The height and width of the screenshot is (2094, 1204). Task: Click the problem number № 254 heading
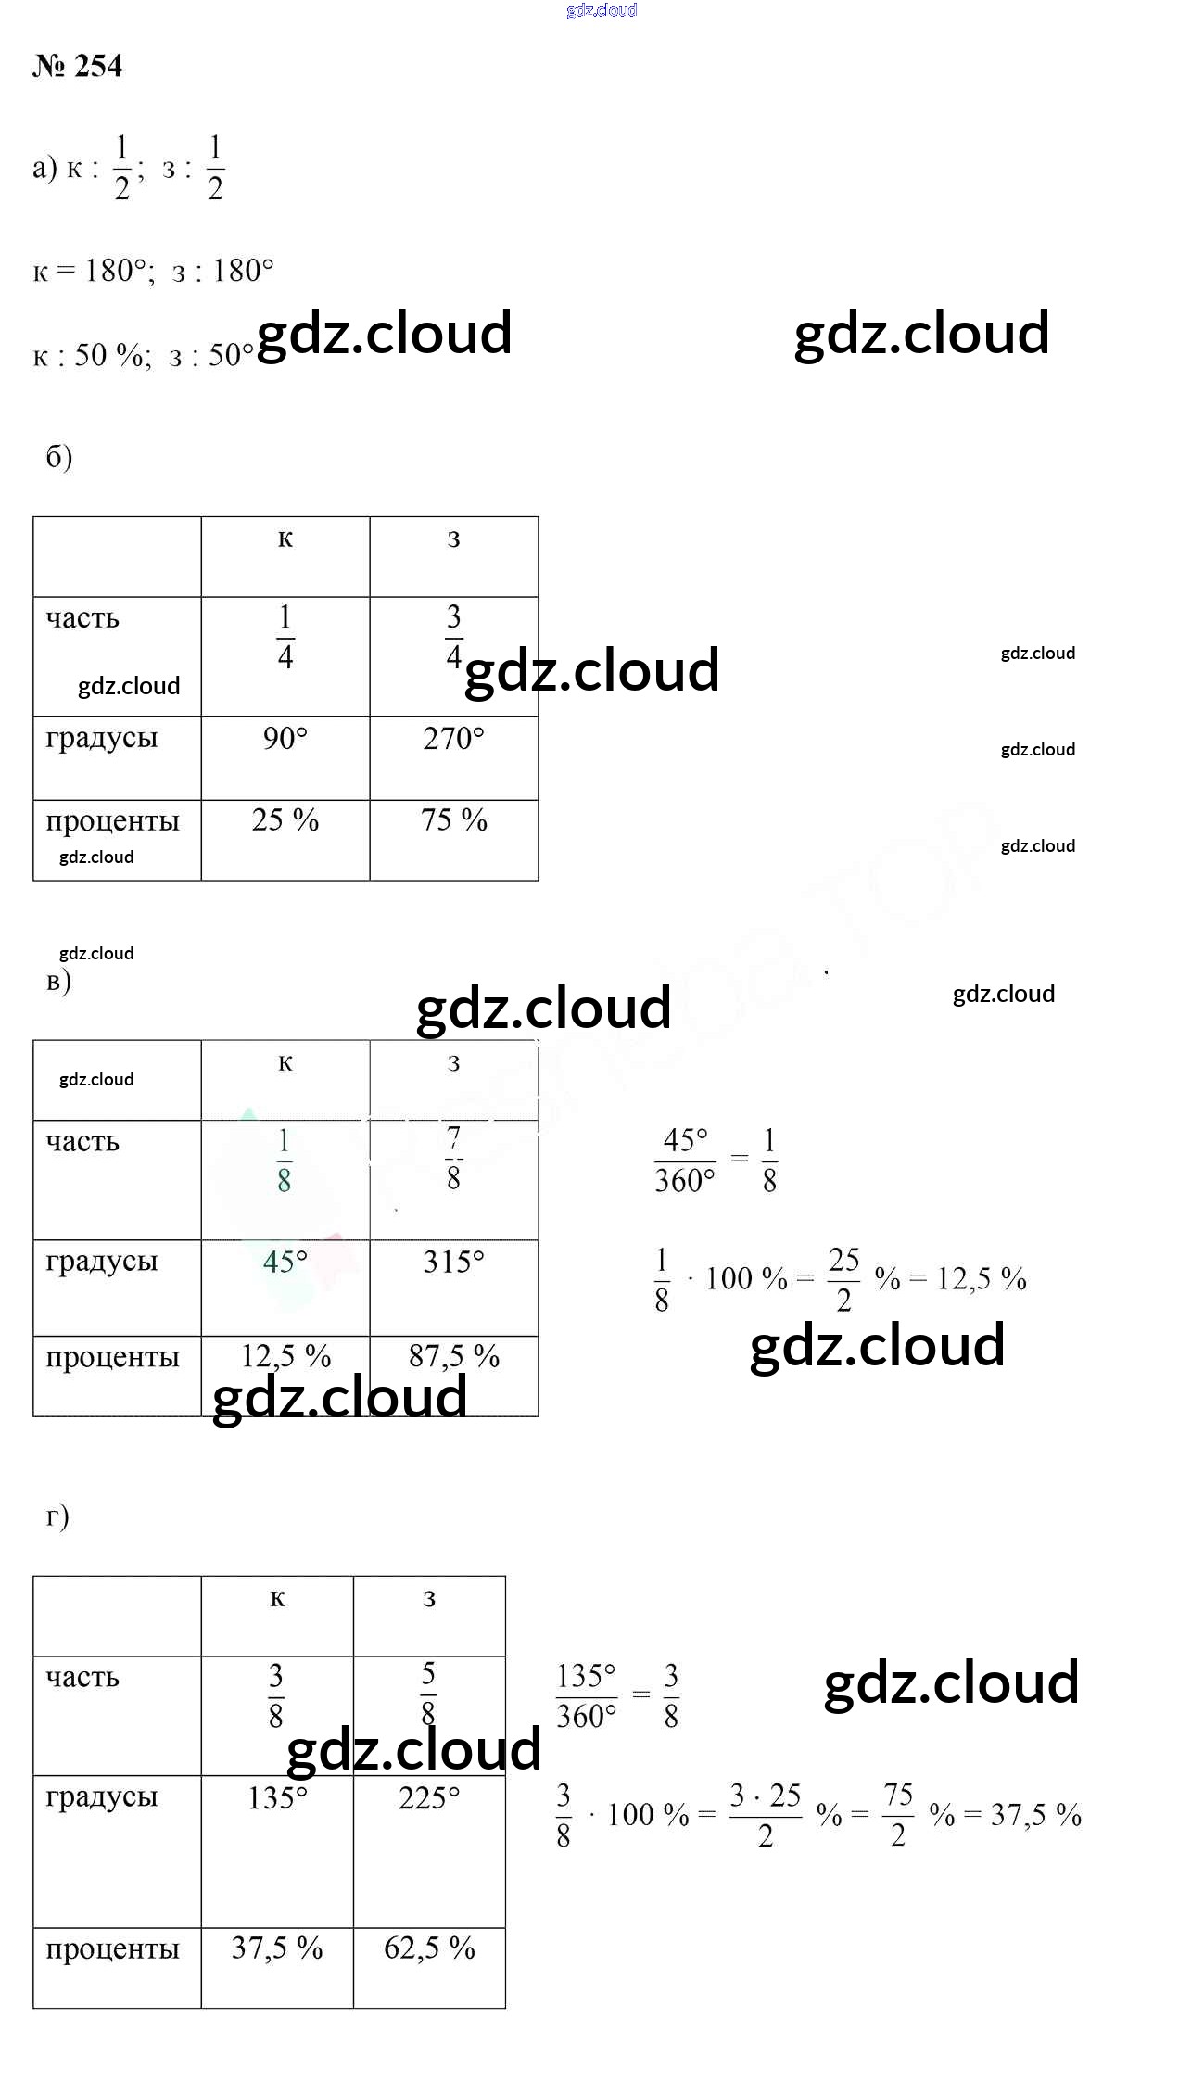coord(77,66)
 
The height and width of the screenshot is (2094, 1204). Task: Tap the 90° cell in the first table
coord(285,739)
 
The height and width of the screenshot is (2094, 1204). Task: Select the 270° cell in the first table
coord(453,739)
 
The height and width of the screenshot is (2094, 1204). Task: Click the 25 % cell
coord(285,820)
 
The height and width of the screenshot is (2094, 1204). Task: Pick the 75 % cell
coord(453,820)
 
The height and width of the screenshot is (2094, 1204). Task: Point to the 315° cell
coord(453,1262)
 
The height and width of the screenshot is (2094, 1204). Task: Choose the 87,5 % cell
coord(453,1357)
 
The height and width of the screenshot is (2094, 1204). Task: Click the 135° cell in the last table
coord(276,1798)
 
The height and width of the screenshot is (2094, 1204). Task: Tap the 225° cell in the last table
coord(428,1798)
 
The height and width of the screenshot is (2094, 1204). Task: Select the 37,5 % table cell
coord(276,1948)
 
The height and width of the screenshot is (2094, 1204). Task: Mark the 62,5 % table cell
coord(428,1948)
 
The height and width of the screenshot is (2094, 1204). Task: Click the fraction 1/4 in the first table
coord(285,637)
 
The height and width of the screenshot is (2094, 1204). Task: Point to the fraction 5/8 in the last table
coord(428,1694)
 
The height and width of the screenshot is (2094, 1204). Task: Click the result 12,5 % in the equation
coord(981,1279)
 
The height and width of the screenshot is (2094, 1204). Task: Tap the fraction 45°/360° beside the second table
coord(685,1161)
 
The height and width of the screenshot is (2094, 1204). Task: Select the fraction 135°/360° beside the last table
coord(586,1696)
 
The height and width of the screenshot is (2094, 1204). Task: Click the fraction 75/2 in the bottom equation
coord(897,1815)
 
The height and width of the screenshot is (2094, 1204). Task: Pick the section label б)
coord(58,456)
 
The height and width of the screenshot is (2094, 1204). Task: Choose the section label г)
coord(57,1517)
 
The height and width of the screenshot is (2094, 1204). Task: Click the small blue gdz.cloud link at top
coord(602,10)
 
